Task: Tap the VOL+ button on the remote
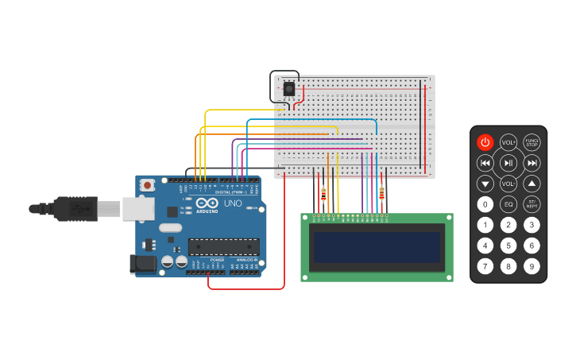[x=508, y=142]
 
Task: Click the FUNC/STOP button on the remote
[x=532, y=142]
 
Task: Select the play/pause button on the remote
[x=508, y=163]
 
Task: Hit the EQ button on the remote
[x=508, y=204]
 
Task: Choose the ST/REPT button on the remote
[x=532, y=204]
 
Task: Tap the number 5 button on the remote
[x=508, y=246]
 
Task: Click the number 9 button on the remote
[x=532, y=266]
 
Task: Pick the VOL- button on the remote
[x=508, y=184]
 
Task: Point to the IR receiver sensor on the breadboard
[x=289, y=88]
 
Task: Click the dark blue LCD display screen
[x=377, y=247]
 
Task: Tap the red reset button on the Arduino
[x=147, y=185]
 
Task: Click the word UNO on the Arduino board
[x=233, y=203]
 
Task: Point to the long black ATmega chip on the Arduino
[x=223, y=247]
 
